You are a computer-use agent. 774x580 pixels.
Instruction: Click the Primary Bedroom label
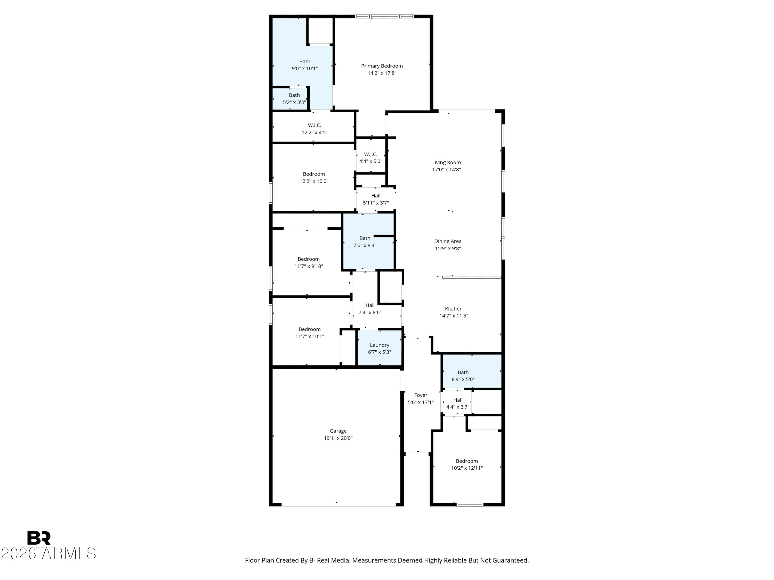click(x=382, y=66)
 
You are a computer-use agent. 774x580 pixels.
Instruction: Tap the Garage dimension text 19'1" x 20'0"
click(x=338, y=438)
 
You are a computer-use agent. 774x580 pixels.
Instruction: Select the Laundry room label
click(x=379, y=345)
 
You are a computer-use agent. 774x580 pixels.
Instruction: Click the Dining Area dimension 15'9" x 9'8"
click(x=448, y=248)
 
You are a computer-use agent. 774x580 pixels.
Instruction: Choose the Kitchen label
click(x=454, y=309)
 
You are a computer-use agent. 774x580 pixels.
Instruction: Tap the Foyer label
click(x=421, y=395)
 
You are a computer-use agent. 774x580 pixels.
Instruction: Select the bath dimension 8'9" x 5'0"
click(x=463, y=379)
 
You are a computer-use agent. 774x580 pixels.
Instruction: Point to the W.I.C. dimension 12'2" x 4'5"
click(x=315, y=132)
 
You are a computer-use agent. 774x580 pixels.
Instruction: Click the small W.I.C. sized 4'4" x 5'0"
click(x=370, y=154)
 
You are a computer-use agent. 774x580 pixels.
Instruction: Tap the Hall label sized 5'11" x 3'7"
click(x=376, y=196)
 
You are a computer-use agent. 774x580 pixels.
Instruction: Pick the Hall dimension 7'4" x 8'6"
click(x=370, y=312)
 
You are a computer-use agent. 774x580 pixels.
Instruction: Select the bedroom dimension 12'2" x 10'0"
click(x=314, y=181)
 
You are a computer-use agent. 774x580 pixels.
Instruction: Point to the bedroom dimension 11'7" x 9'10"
click(x=309, y=266)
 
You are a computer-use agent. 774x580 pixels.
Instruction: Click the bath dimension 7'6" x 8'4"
click(x=365, y=245)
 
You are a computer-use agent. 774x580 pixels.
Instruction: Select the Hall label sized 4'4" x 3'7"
click(x=458, y=400)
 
